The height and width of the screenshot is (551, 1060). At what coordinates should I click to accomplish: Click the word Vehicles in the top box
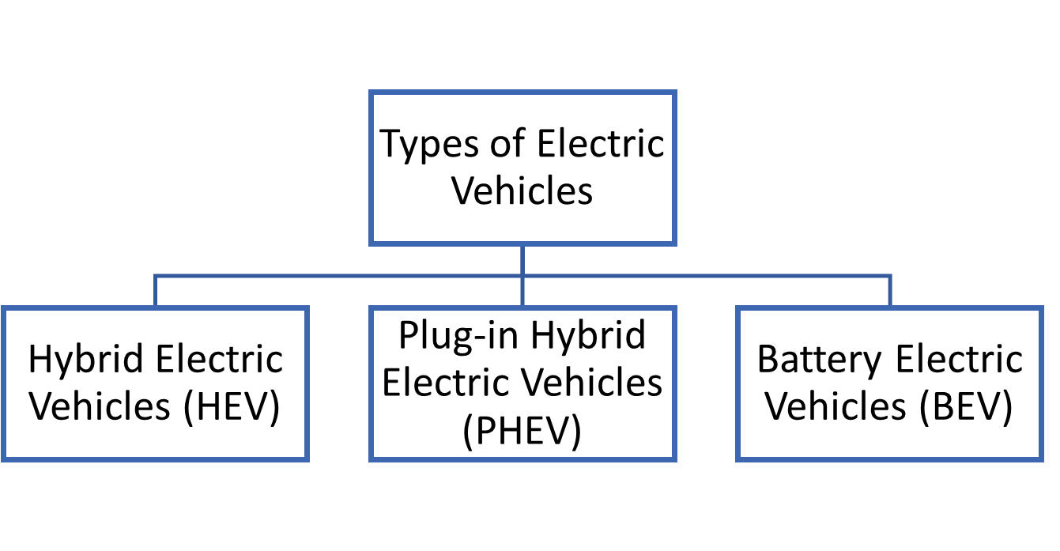pyautogui.click(x=522, y=191)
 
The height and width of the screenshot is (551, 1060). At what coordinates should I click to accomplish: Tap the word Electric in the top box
pyautogui.click(x=601, y=145)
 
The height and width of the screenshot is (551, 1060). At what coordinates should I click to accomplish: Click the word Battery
pyautogui.click(x=819, y=360)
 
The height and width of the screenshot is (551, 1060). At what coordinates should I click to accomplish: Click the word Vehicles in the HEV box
pyautogui.click(x=103, y=407)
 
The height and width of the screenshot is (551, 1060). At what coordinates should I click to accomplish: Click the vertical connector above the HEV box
pyautogui.click(x=155, y=291)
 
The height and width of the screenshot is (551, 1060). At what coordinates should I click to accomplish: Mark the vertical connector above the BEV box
pyautogui.click(x=891, y=291)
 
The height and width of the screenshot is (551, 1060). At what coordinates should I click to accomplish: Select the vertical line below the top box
pyautogui.click(x=522, y=261)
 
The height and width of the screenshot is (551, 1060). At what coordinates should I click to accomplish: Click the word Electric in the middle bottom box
pyautogui.click(x=448, y=383)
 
